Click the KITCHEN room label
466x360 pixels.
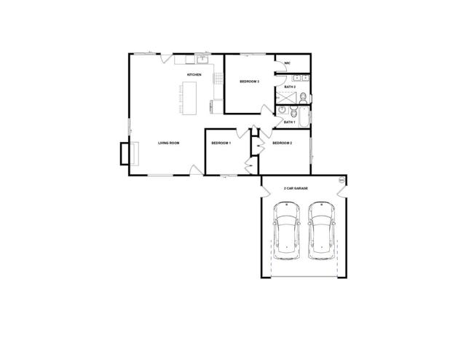tap(194, 75)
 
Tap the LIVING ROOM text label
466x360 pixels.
tap(168, 143)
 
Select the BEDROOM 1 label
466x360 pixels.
tap(221, 143)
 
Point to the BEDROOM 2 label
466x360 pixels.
tap(282, 143)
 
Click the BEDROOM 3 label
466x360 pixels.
tap(250, 81)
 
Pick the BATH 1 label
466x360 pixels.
tap(289, 122)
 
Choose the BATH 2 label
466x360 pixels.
tap(289, 87)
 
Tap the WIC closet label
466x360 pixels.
tap(288, 63)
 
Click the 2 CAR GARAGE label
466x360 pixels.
tap(296, 188)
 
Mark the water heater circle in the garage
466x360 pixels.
tap(340, 180)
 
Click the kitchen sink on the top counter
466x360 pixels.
tap(202, 59)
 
